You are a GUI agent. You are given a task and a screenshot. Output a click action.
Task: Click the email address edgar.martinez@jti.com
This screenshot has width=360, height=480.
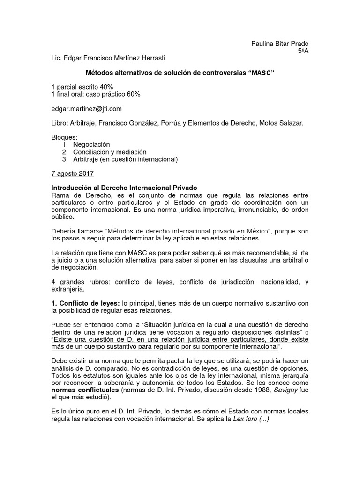(x=87, y=108)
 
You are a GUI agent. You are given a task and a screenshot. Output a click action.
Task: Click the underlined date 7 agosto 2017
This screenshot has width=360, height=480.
(x=72, y=173)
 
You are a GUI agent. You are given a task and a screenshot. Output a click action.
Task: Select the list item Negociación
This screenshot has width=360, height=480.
(x=91, y=145)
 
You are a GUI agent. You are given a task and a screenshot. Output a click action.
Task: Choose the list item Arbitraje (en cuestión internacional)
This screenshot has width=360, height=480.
(x=126, y=159)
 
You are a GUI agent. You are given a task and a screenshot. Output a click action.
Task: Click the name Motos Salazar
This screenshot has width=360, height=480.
(x=282, y=123)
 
